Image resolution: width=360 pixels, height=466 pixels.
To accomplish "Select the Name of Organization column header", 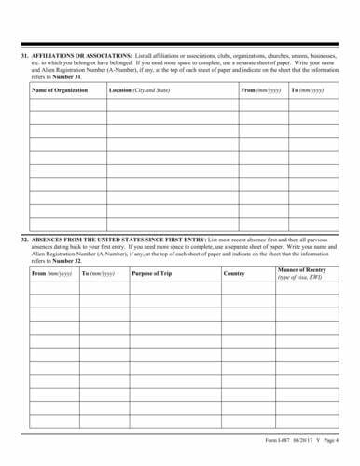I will coord(60,89).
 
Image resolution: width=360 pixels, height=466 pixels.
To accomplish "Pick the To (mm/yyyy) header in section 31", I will coord(308,89).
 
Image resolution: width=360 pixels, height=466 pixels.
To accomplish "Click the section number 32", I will coord(24,240).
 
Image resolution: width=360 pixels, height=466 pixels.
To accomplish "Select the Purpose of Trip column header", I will coord(153,273).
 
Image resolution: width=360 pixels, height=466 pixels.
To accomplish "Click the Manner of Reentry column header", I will coord(299,269).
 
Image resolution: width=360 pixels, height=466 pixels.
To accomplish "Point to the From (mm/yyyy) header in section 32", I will coord(52,273).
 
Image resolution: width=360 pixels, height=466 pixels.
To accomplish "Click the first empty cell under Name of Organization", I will coord(66,105).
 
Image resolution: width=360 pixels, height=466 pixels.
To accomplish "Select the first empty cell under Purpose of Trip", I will coord(173,288).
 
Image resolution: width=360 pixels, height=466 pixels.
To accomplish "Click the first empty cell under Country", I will coord(245,288).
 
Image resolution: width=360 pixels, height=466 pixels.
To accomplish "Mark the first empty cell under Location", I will coord(172,105).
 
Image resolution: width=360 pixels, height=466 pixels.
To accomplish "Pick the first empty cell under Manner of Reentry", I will coord(303,288).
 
